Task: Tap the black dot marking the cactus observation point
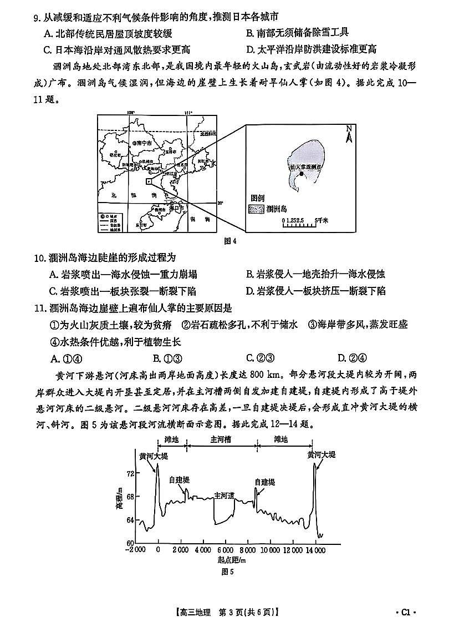pos(301,174)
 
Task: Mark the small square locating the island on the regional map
pos(148,181)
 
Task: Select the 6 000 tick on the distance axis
pos(226,549)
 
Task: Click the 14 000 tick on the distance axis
pos(315,549)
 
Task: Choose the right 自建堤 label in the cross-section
pos(264,482)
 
